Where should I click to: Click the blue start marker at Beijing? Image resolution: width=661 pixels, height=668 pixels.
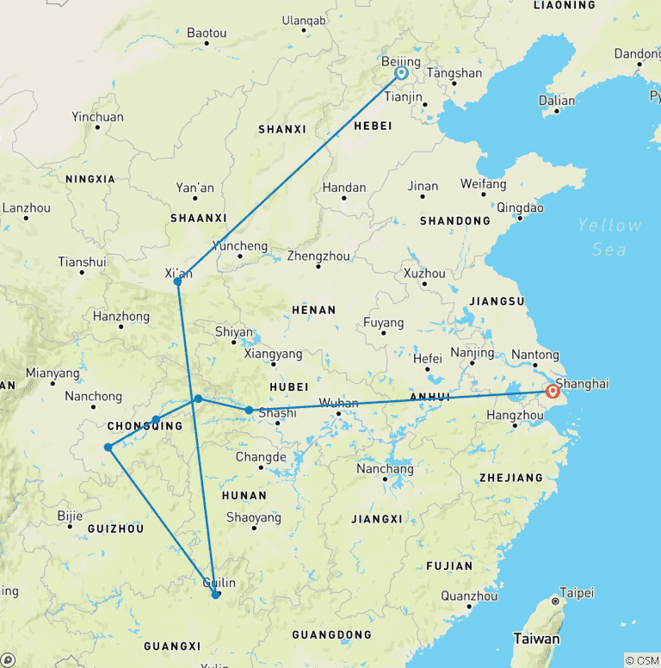401,73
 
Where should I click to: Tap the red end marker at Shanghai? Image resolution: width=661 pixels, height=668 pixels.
553,393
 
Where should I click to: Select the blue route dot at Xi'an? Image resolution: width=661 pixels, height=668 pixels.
177,281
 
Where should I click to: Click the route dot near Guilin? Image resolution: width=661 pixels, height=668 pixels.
215,594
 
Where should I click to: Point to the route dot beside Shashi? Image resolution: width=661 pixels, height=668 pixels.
250,411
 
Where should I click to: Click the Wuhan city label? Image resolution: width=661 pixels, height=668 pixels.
338,402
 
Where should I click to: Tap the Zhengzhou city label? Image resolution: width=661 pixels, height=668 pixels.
318,256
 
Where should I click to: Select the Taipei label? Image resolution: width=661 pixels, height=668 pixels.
577,593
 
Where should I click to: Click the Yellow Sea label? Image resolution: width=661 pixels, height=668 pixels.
609,237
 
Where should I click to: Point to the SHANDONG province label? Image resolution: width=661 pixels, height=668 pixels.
454,221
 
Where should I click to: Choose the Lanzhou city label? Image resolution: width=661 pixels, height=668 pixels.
26,208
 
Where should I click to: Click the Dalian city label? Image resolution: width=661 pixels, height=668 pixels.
556,101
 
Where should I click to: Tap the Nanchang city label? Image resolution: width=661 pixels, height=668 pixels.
385,469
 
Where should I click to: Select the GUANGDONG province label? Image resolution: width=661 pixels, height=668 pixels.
331,634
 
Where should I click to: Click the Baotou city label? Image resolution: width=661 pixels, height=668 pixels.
207,34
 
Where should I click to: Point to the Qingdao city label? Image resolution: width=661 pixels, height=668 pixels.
520,207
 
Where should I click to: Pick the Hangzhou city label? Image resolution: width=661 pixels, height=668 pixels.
515,415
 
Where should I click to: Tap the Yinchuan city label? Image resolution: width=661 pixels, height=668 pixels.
97,117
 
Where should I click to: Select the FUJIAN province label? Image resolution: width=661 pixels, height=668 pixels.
448,566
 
